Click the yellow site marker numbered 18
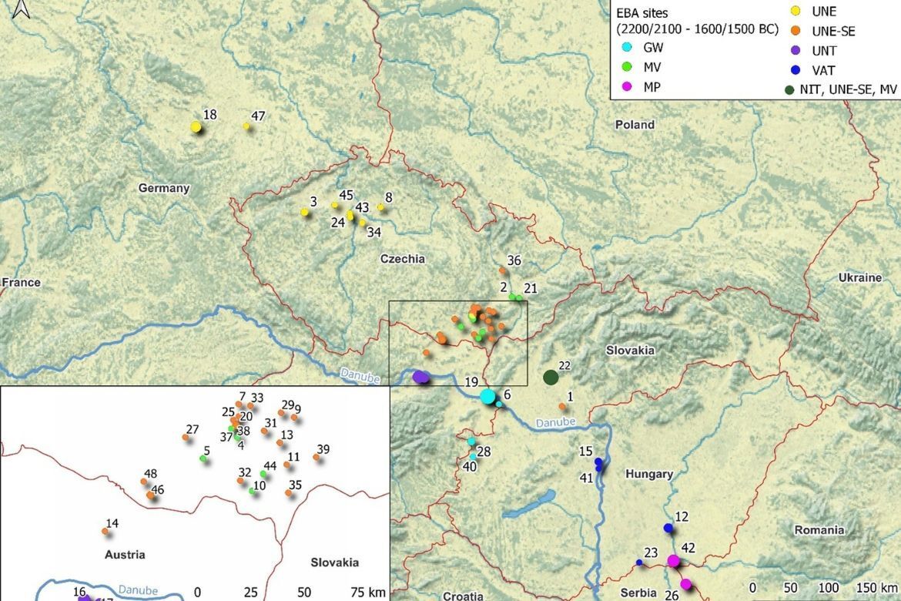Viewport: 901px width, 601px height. pyautogui.click(x=196, y=126)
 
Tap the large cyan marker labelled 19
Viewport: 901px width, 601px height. pyautogui.click(x=487, y=397)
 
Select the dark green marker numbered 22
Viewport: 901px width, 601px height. pyautogui.click(x=550, y=378)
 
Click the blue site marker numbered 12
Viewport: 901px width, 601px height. pyautogui.click(x=668, y=528)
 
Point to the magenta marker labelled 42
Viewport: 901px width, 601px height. pyautogui.click(x=673, y=561)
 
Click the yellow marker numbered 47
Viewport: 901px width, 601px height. pyautogui.click(x=246, y=126)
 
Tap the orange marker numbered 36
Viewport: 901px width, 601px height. pyautogui.click(x=502, y=270)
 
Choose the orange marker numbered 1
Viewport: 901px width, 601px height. pyautogui.click(x=562, y=406)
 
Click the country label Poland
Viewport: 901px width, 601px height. pyautogui.click(x=635, y=125)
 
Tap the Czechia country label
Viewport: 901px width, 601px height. pyautogui.click(x=402, y=259)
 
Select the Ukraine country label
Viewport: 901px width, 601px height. pyautogui.click(x=859, y=277)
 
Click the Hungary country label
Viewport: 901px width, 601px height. pyautogui.click(x=649, y=474)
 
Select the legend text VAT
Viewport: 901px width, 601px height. pyautogui.click(x=824, y=70)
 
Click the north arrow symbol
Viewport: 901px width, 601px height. pyautogui.click(x=22, y=9)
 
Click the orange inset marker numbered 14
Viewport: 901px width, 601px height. pyautogui.click(x=106, y=532)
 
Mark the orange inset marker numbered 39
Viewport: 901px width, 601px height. pyautogui.click(x=317, y=458)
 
